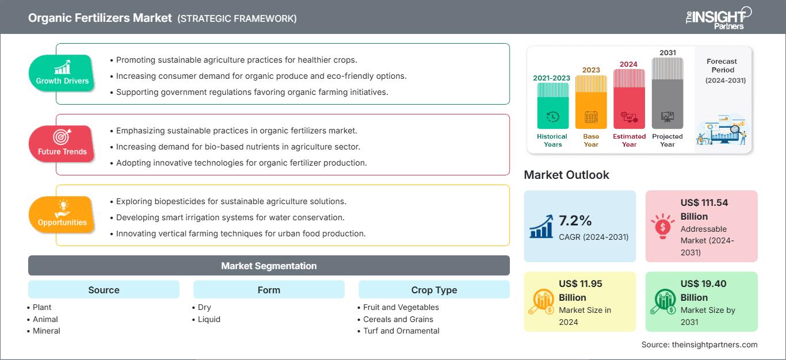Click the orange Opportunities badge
coord(62,215)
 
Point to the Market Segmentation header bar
coord(269,266)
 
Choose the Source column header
coord(104,290)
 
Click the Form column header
coord(269,290)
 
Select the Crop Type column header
coord(434,290)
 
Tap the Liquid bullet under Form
coord(209,319)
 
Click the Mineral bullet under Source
coord(46,331)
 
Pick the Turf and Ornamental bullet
coord(401,331)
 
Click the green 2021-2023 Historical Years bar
coord(552,106)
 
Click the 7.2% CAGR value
coord(575,221)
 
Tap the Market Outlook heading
coord(566,175)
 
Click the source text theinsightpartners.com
coord(699,344)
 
